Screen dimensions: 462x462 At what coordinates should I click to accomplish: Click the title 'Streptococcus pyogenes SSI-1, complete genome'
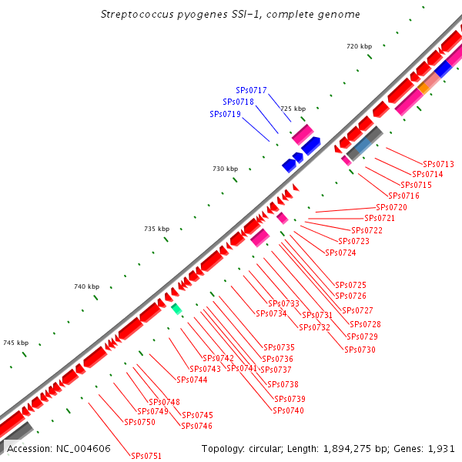coord(230,15)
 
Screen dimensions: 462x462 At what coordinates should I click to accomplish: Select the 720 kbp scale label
coord(359,47)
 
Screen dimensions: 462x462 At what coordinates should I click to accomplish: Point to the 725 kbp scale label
coord(293,109)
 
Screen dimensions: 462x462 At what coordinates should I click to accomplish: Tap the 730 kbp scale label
coord(226,169)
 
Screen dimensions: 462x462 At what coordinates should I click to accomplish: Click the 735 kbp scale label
coord(156,229)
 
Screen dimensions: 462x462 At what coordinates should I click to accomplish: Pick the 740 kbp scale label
coord(87,286)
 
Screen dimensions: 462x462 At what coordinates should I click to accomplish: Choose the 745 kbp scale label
coord(16,343)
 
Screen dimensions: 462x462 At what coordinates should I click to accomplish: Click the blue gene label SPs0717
coord(251,90)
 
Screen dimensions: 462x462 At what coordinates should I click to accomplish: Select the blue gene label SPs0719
coord(225,114)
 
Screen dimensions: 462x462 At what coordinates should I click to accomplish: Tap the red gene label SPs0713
coord(438,164)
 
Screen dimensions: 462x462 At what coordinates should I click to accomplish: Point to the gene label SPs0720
coord(391,208)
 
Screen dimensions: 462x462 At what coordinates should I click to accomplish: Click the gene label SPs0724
coord(340,253)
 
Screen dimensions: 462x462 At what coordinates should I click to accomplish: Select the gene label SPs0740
coord(289,410)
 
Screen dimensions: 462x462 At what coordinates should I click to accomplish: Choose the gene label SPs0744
coord(192,380)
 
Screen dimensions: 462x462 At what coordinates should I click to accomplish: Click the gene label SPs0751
coord(146,456)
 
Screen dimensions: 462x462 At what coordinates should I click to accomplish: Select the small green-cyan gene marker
coord(176,309)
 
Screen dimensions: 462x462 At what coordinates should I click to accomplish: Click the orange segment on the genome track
coord(423,89)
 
